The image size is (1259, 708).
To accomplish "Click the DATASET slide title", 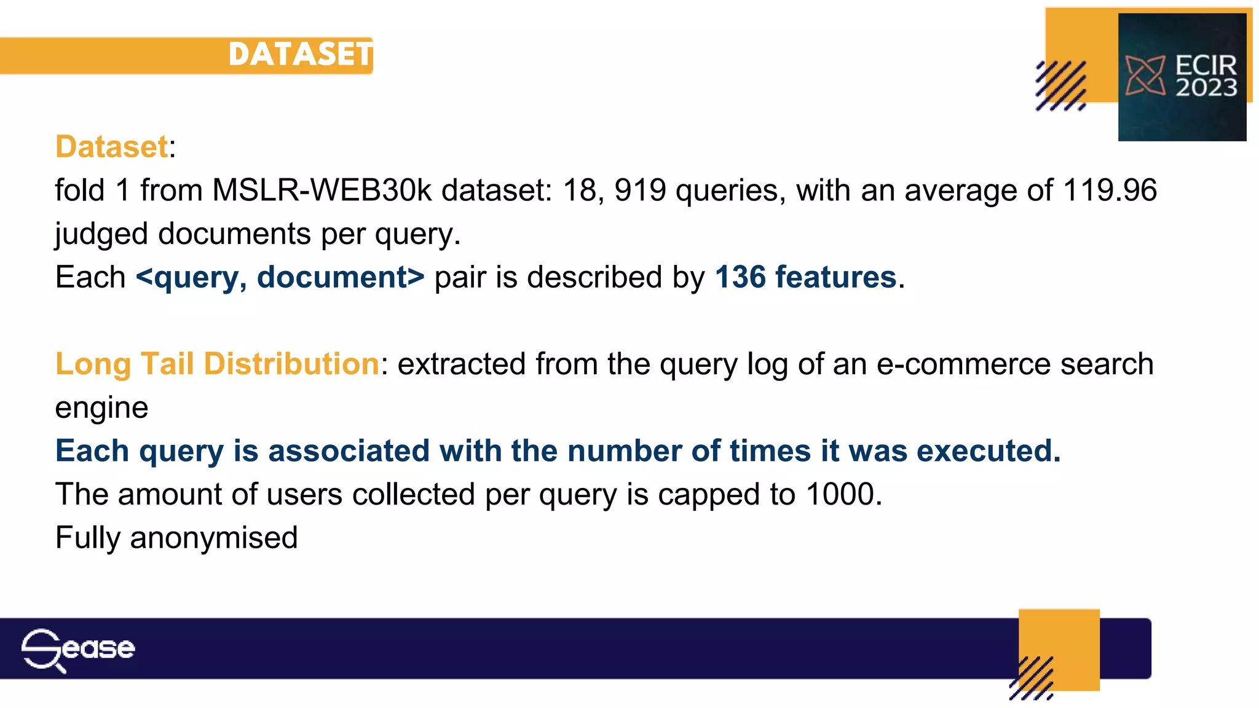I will (300, 54).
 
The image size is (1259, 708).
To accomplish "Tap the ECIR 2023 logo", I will (1182, 77).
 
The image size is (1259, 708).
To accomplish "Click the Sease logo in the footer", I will (77, 650).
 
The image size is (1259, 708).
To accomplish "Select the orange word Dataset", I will (111, 147).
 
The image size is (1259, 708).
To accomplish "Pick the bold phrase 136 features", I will (805, 277).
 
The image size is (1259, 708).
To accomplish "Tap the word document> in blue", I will (341, 277).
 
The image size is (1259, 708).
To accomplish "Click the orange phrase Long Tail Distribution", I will (218, 364).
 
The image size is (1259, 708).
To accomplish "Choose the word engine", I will (101, 408).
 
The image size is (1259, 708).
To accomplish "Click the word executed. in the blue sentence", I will (989, 451).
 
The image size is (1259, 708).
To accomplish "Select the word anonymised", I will (213, 538).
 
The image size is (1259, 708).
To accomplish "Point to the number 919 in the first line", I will (640, 191).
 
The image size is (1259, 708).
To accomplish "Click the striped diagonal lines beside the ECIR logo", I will (1060, 86).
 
